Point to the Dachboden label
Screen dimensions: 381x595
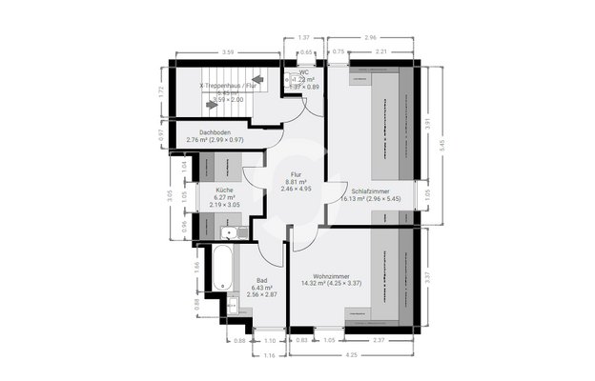(x=215, y=132)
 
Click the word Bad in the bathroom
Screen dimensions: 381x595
(x=257, y=280)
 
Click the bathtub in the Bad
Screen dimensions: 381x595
(x=218, y=270)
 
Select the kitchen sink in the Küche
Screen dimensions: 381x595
(x=229, y=231)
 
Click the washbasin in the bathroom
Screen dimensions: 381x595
(x=233, y=306)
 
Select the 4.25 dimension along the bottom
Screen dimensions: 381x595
(x=352, y=356)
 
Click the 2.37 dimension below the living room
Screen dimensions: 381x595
(x=380, y=340)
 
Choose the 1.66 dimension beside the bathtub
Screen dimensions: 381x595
(x=195, y=267)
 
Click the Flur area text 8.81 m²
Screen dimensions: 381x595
(x=297, y=182)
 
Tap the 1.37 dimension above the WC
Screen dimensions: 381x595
(x=303, y=36)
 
